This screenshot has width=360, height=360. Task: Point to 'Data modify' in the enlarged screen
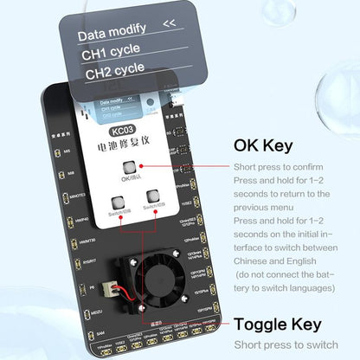click(x=110, y=35)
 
